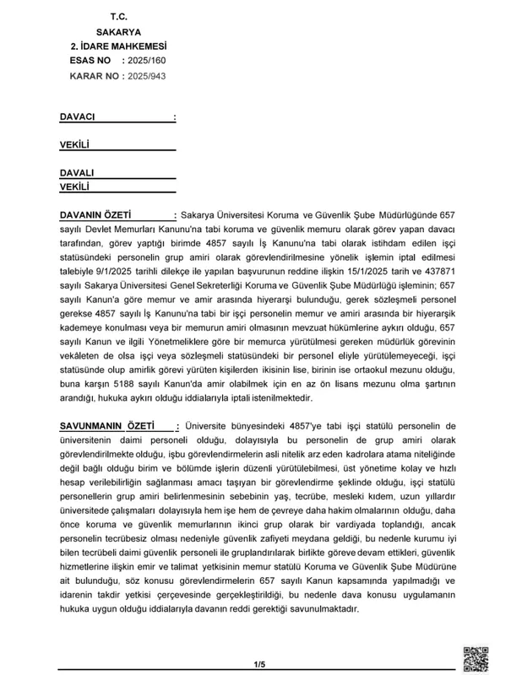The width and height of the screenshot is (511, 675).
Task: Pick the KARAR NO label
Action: pyautogui.click(x=93, y=76)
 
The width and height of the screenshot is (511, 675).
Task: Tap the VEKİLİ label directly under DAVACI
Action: pyautogui.click(x=75, y=145)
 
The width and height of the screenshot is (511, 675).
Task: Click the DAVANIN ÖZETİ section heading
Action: pyautogui.click(x=97, y=215)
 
